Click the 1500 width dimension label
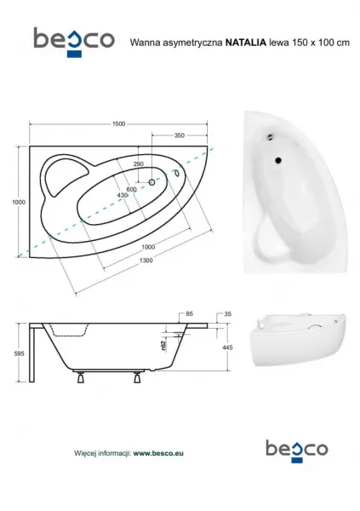(118, 123)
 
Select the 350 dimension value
(180, 135)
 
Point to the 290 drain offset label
(139, 164)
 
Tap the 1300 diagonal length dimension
(146, 260)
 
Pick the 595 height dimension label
(20, 353)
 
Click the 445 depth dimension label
(227, 347)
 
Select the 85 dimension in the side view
(189, 313)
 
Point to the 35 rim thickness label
(228, 313)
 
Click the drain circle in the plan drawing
(151, 182)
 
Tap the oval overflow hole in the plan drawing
(177, 173)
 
